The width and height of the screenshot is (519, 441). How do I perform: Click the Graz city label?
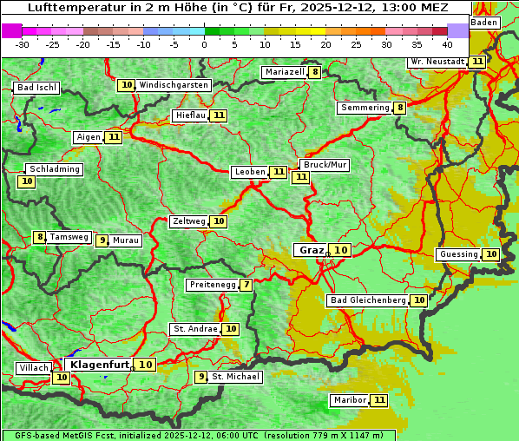pyautogui.click(x=310, y=250)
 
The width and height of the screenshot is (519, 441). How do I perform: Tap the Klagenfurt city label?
pyautogui.click(x=100, y=365)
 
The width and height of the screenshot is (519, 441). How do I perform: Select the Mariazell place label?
pyautogui.click(x=285, y=72)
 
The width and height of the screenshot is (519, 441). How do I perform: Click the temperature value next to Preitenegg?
pyautogui.click(x=246, y=285)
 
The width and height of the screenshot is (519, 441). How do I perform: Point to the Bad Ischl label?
pyautogui.click(x=36, y=88)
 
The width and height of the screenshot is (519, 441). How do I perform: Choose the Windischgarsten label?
pyautogui.click(x=174, y=85)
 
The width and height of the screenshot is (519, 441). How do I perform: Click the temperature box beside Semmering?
pyautogui.click(x=399, y=108)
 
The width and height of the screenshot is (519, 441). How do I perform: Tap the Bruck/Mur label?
pyautogui.click(x=325, y=165)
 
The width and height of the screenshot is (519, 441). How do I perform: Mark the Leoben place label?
pyautogui.click(x=250, y=172)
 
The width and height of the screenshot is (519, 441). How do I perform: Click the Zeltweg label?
pyautogui.click(x=188, y=221)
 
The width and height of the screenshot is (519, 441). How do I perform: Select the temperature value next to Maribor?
pyautogui.click(x=378, y=400)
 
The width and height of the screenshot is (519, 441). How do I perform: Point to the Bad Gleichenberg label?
pyautogui.click(x=368, y=300)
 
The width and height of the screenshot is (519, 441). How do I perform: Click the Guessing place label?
pyautogui.click(x=458, y=254)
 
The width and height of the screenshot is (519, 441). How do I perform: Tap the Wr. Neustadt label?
pyautogui.click(x=437, y=62)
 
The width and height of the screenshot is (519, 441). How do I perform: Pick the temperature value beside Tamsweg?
pyautogui.click(x=39, y=237)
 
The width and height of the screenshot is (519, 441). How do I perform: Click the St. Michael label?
pyautogui.click(x=236, y=377)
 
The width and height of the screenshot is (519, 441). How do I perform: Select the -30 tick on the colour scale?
pyautogui.click(x=23, y=43)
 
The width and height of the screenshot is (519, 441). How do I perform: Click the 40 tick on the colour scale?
pyautogui.click(x=447, y=43)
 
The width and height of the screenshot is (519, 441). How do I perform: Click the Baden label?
pyautogui.click(x=484, y=23)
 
